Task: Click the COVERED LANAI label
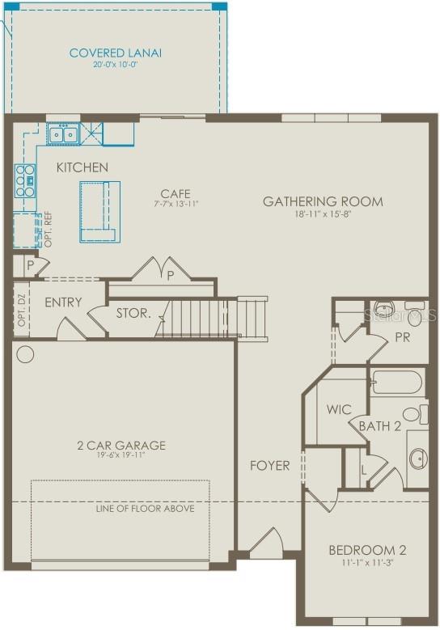116,53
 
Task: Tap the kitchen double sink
61,133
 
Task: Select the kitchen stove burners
25,180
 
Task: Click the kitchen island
99,211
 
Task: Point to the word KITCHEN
82,167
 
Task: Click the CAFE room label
176,193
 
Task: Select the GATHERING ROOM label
323,201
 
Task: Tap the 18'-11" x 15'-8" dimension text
323,214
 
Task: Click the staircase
213,318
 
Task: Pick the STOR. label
133,313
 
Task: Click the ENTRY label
63,302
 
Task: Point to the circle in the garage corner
25,354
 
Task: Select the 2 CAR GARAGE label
122,445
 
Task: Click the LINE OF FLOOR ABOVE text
145,509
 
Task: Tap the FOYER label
269,465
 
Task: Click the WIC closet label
339,409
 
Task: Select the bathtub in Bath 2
396,381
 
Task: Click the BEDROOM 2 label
367,551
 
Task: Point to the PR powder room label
402,336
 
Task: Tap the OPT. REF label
47,232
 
